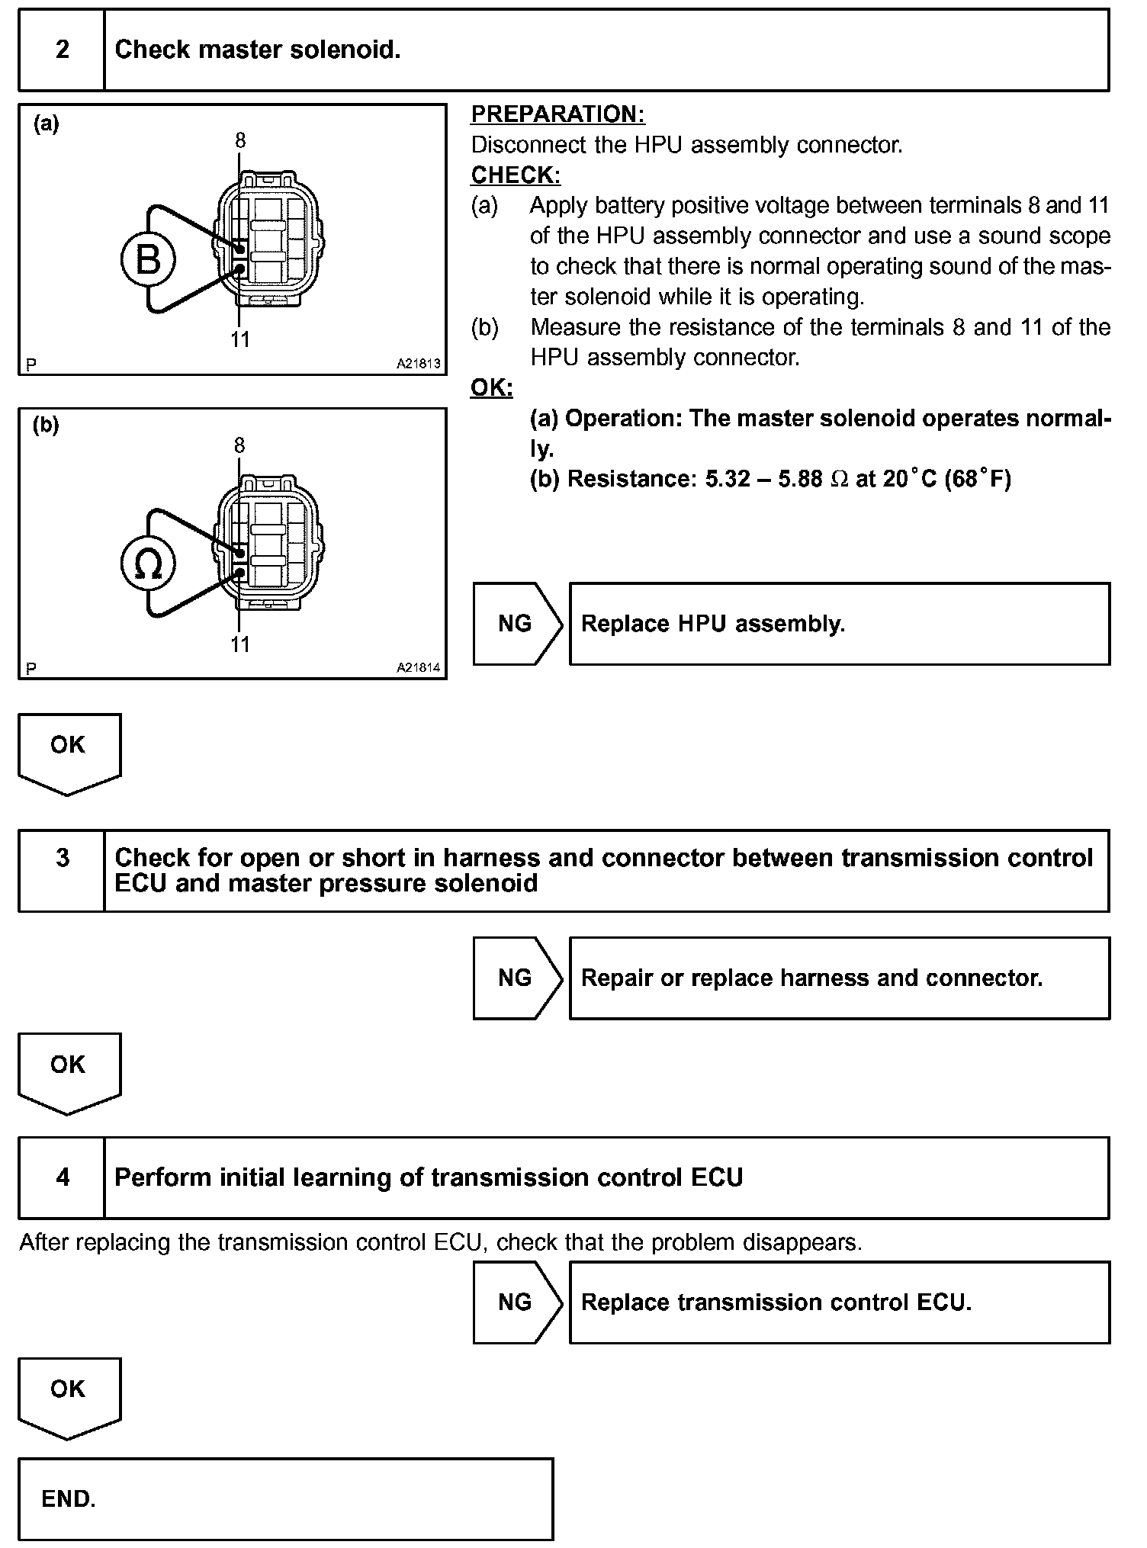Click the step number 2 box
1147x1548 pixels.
click(x=62, y=50)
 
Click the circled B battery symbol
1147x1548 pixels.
click(x=148, y=259)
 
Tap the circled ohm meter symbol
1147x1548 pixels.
click(x=148, y=564)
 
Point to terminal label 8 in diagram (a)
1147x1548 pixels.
click(x=240, y=140)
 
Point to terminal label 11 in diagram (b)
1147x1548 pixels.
click(x=240, y=645)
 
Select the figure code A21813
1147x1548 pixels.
click(x=418, y=364)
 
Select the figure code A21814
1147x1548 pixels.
click(x=418, y=668)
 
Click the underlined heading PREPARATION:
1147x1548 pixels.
click(x=557, y=114)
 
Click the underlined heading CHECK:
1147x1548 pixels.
click(x=516, y=175)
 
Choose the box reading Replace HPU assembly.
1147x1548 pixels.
click(x=839, y=624)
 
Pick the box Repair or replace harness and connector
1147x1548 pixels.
click(x=839, y=978)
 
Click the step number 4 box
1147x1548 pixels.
click(x=62, y=1177)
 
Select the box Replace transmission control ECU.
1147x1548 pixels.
click(x=839, y=1302)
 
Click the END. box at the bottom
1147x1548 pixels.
click(x=285, y=1499)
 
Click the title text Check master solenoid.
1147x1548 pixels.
click(x=257, y=50)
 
